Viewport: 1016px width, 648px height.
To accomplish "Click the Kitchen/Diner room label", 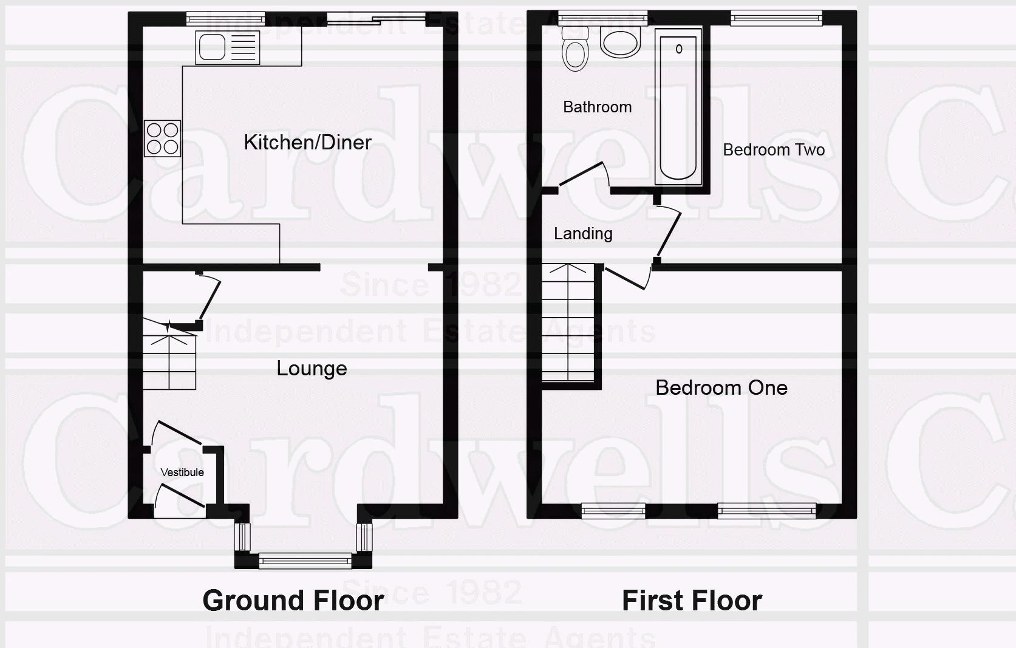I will pos(307,142).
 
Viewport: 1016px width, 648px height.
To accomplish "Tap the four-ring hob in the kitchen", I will pos(162,138).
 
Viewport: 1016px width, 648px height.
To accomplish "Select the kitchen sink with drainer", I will pos(227,47).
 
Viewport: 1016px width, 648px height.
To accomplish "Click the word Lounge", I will pos(312,368).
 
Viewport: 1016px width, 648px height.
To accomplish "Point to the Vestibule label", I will pos(182,472).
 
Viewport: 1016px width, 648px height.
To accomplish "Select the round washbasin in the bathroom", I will pos(620,43).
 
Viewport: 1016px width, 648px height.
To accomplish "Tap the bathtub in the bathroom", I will pos(678,106).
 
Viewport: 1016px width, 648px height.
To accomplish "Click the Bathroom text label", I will pos(597,107).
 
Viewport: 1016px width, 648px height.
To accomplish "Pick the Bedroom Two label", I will pos(773,149).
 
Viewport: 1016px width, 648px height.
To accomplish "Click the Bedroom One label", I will pos(721,387).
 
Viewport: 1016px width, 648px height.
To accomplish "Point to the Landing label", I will pos(582,233).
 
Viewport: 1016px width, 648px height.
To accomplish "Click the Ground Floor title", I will pos(293,600).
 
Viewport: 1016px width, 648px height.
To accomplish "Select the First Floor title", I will pos(692,600).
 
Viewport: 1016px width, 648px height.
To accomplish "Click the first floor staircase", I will pos(568,322).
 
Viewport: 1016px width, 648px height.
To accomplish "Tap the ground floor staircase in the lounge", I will pos(169,358).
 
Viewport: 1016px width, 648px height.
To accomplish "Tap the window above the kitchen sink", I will pos(225,19).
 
